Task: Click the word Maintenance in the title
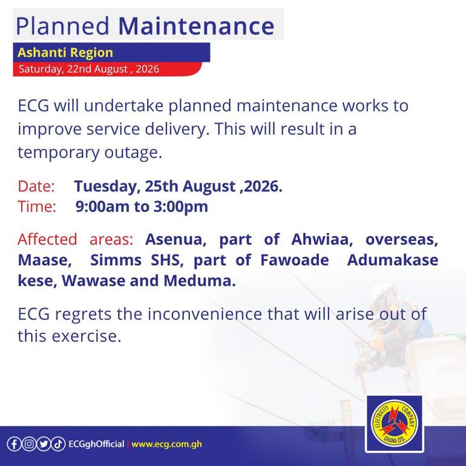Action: coord(196,26)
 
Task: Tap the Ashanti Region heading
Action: coord(65,53)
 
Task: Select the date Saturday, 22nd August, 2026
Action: coord(89,69)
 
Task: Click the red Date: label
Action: coord(36,186)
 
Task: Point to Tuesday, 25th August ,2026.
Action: coord(178,186)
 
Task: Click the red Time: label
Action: coord(37,206)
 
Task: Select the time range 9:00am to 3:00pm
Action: coord(142,206)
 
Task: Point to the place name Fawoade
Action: coord(295,260)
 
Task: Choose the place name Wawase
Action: coord(93,281)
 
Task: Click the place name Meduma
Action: coord(200,281)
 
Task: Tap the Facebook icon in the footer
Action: coord(14,444)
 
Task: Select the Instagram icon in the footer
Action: coord(29,444)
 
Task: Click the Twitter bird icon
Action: coord(44,444)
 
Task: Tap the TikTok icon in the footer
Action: coord(58,444)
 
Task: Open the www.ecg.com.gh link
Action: coord(166,444)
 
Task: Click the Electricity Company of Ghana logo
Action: coord(395,424)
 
